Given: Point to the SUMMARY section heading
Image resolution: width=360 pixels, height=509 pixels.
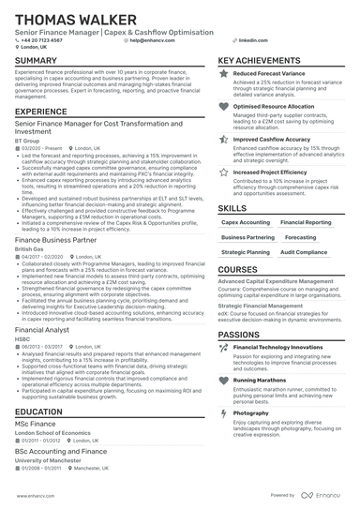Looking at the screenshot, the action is (x=37, y=61).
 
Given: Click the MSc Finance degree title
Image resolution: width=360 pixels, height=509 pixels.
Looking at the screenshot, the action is (x=38, y=424).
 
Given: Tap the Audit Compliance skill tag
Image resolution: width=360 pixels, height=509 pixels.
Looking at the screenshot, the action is (x=304, y=252).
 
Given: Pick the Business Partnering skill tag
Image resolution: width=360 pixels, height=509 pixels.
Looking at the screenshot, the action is (x=247, y=237).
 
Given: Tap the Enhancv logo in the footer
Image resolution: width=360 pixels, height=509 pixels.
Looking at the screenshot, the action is (x=325, y=495).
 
